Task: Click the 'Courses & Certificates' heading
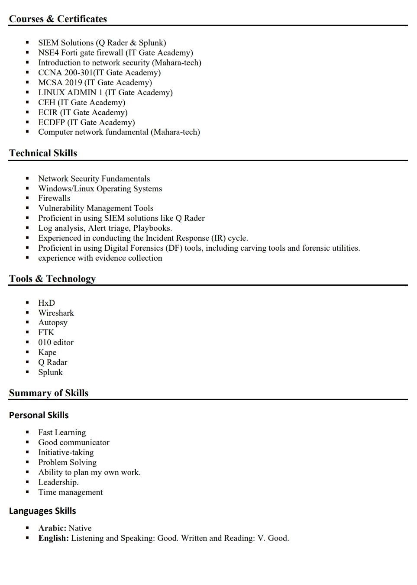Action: pos(58,19)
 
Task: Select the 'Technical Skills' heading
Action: pos(43,153)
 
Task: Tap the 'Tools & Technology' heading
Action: pos(52,279)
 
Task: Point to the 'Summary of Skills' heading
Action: pos(48,393)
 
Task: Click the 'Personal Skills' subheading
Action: pos(39,415)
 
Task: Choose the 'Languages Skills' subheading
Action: pos(42,511)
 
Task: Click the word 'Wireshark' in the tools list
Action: pos(56,313)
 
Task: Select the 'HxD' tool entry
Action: pos(46,303)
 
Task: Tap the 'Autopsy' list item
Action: pos(53,323)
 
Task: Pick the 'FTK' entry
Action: pos(46,333)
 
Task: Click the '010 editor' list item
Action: pos(56,343)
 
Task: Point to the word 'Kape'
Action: pos(47,352)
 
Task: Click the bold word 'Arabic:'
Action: pos(52,528)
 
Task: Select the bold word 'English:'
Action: pos(53,538)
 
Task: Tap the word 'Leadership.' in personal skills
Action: pos(58,482)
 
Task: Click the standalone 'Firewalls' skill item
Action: pos(54,198)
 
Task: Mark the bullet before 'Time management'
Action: pos(27,492)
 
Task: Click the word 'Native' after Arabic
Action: pos(80,528)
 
